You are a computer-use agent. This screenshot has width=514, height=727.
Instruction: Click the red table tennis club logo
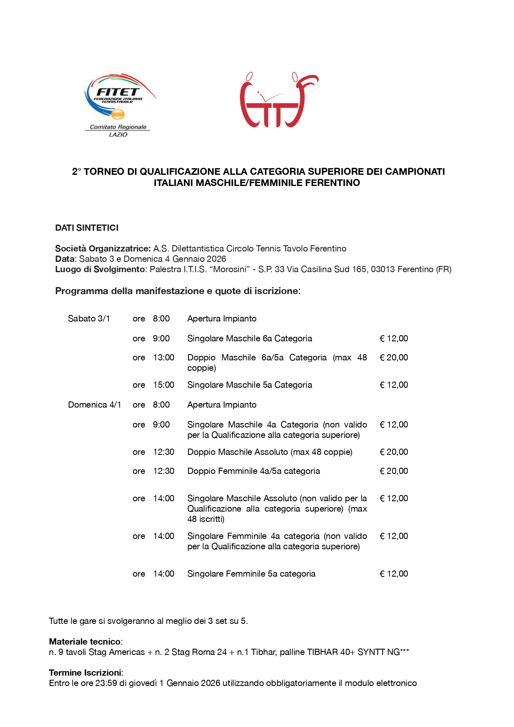point(279,101)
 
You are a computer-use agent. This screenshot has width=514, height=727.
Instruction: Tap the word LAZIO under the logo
point(118,135)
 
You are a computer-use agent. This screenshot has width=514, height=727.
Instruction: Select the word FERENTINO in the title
point(332,183)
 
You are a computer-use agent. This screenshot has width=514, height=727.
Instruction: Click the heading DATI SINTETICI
point(87,228)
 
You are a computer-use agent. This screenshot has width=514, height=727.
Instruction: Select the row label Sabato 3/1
point(89,319)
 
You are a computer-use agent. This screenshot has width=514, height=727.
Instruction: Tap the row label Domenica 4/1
point(95,405)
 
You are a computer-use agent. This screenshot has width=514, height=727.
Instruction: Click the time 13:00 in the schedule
point(163,357)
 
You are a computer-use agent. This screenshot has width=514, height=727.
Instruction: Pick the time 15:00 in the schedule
point(163,385)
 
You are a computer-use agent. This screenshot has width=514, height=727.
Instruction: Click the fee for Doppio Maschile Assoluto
point(394,452)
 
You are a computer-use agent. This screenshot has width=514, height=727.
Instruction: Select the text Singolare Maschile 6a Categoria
point(250,338)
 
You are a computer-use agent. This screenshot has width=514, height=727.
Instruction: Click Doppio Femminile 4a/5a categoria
point(253,471)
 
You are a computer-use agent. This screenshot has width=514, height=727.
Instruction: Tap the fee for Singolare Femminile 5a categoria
point(394,574)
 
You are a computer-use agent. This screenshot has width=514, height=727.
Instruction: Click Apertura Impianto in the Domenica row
point(222,405)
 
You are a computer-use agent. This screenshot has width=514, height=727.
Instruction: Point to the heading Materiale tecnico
point(85,642)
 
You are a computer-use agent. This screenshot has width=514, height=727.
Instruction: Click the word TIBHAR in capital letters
point(322,652)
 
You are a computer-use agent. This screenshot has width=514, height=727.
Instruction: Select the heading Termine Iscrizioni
point(85,673)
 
